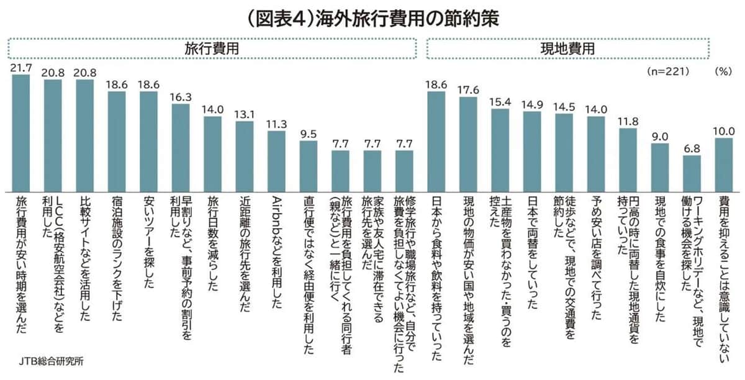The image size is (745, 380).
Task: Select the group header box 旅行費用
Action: click(x=212, y=48)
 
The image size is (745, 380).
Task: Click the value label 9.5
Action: click(x=308, y=134)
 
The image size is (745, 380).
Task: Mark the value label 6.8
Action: click(x=692, y=148)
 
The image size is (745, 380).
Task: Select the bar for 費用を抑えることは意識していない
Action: click(x=724, y=164)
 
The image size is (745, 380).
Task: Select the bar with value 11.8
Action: click(x=628, y=159)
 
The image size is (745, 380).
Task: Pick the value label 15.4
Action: click(x=500, y=102)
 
